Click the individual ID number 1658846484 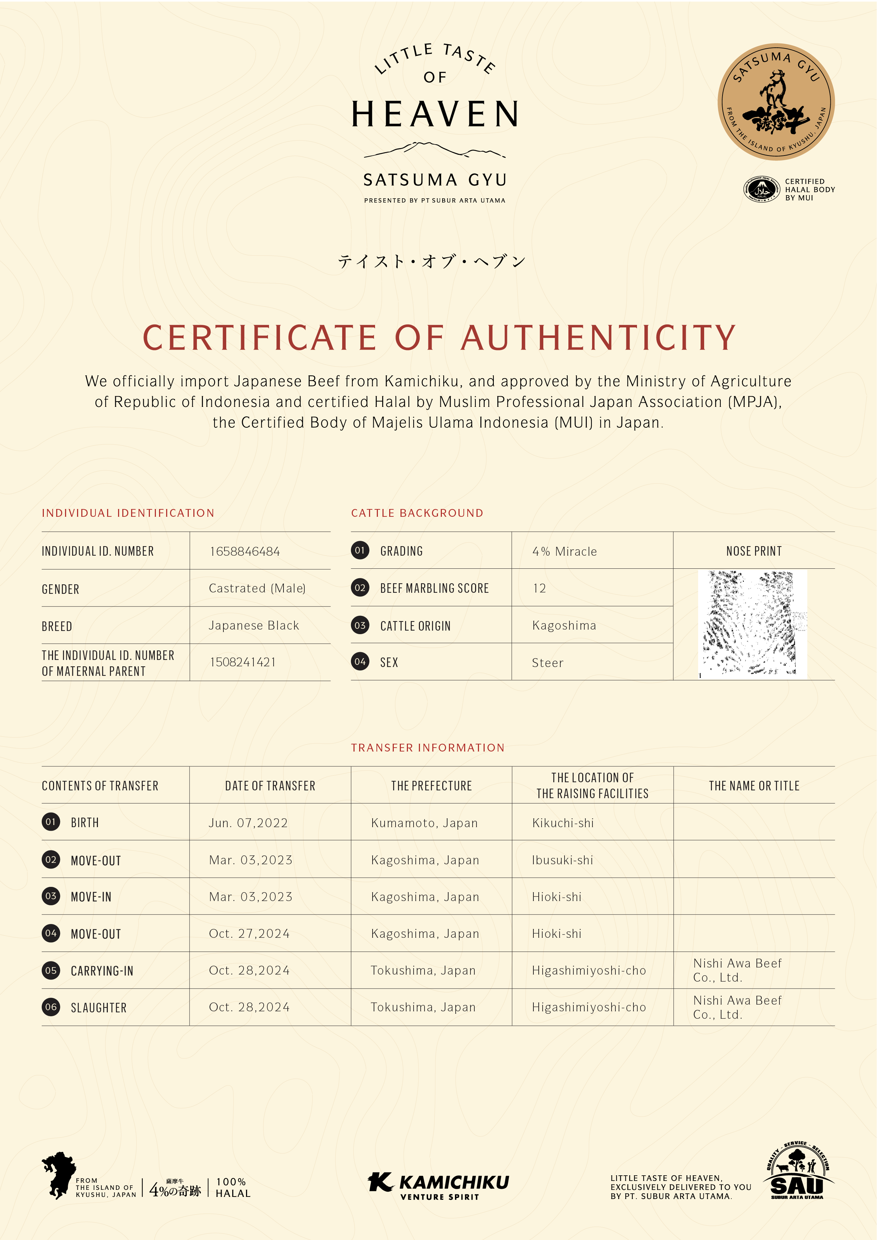245,551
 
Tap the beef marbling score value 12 539,588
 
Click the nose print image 752,624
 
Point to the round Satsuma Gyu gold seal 776,101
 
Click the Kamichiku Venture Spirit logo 438,1186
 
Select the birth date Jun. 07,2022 249,823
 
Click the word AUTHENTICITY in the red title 598,338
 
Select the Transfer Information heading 428,748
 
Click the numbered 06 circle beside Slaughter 51,1007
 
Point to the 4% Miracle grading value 564,551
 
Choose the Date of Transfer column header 270,786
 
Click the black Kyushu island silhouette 58,1174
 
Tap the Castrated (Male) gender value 257,588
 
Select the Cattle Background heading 417,513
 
